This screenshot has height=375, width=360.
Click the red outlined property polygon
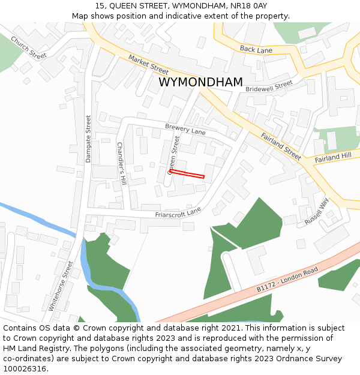pos(187,174)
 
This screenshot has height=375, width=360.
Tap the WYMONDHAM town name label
pos(200,82)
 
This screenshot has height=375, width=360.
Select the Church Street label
pos(28,47)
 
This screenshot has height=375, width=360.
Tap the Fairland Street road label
pos(281,146)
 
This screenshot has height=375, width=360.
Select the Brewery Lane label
pos(185,129)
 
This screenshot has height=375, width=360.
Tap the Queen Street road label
pos(174,155)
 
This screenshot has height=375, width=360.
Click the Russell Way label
pos(317,211)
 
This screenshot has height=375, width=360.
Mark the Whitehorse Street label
pos(61,284)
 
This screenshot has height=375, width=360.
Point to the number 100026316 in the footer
pos(25,369)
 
